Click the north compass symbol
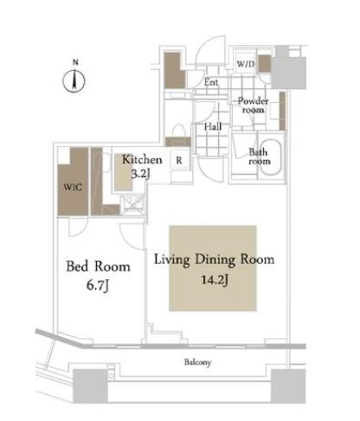[74, 81]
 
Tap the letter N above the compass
[75, 62]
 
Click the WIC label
[73, 187]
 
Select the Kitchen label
[142, 160]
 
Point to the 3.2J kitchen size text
[141, 174]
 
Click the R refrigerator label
[179, 161]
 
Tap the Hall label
[213, 126]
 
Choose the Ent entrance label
[211, 82]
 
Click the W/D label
[246, 64]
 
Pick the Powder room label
[253, 105]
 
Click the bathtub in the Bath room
[271, 157]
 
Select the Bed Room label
[98, 266]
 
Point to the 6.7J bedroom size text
[98, 285]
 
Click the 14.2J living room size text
[215, 279]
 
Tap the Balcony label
[198, 362]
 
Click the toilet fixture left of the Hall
[179, 131]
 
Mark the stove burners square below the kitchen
[132, 204]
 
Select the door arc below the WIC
[78, 226]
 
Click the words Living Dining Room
[215, 259]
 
